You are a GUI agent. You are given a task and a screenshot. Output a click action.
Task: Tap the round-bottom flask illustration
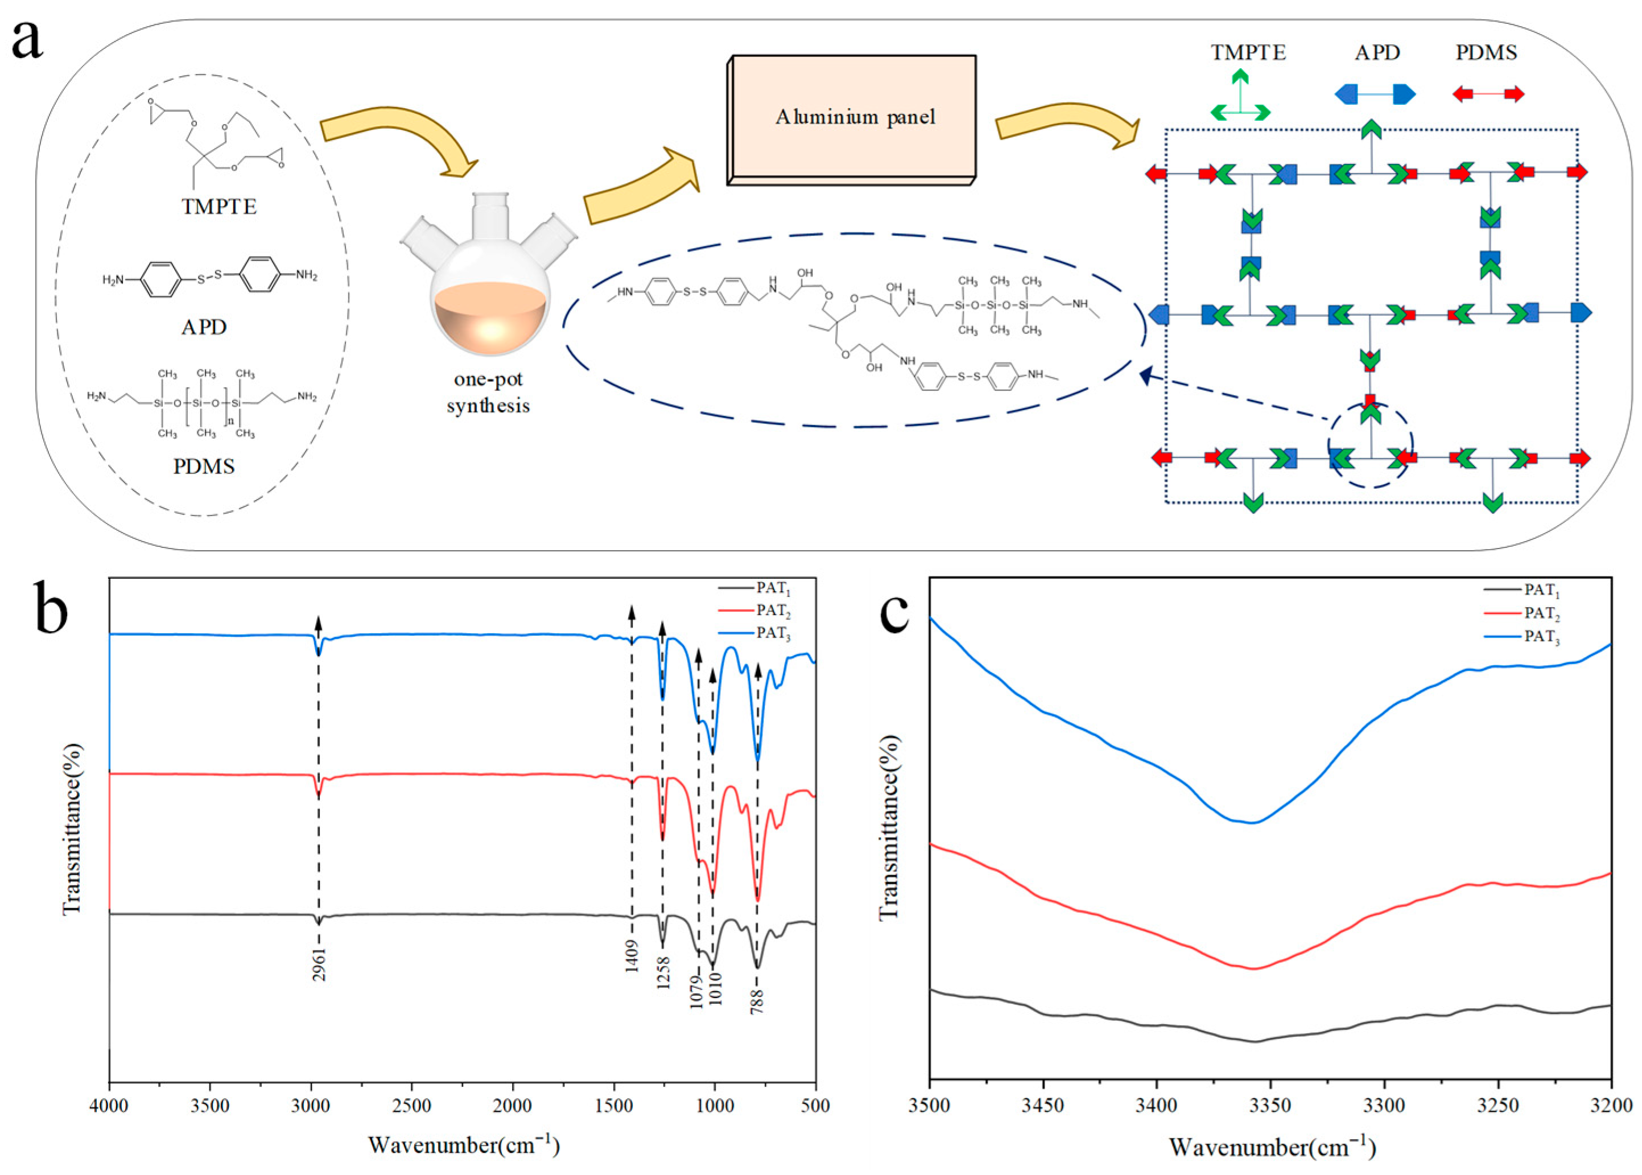click(x=490, y=290)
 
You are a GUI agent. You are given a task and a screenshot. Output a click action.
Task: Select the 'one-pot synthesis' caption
click(x=488, y=392)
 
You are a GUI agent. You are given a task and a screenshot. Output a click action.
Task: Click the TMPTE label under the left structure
click(x=219, y=207)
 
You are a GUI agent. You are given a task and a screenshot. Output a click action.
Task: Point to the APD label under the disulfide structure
click(x=204, y=327)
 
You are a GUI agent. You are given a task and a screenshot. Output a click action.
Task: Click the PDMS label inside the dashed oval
click(x=204, y=466)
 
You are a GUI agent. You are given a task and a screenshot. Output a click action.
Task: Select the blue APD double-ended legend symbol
click(x=1375, y=94)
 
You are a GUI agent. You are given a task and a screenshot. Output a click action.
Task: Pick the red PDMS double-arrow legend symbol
click(x=1488, y=94)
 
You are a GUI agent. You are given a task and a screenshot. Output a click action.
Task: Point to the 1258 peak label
click(x=663, y=972)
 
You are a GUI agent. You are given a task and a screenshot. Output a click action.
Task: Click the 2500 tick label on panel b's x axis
click(x=411, y=1106)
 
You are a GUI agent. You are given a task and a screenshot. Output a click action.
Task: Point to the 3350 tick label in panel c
click(x=1270, y=1107)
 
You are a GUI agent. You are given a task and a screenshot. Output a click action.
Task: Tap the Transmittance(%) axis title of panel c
click(x=889, y=828)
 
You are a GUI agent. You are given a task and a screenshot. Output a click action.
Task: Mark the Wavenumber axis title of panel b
click(x=464, y=1145)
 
